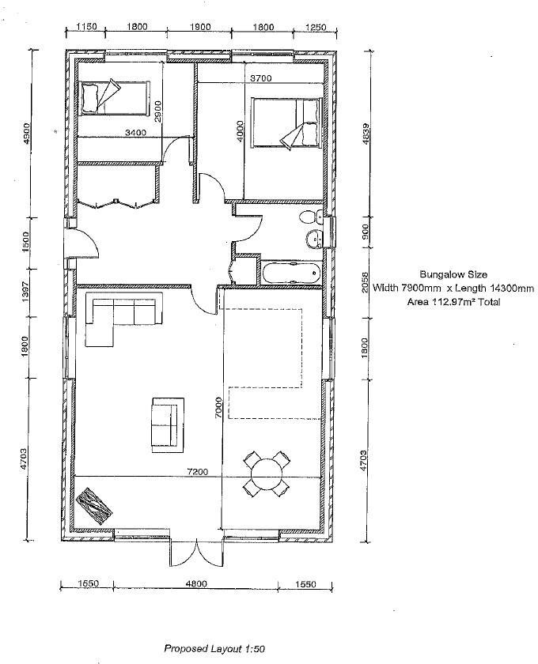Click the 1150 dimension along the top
pos(86,26)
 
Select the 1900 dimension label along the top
pos(200,26)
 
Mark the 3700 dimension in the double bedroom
pos(261,78)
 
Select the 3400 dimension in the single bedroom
pos(136,133)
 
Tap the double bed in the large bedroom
pos(287,123)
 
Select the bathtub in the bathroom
pos(290,274)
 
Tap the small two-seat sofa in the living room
pos(165,423)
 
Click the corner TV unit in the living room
pos(94,502)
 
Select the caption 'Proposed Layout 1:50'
pos(214,648)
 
